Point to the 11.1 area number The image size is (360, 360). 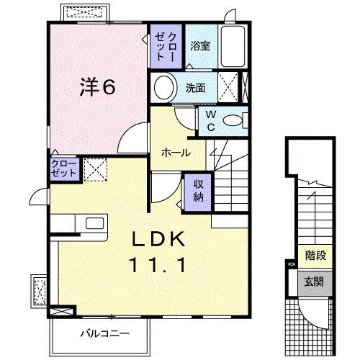click(158, 264)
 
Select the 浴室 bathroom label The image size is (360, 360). click(201, 46)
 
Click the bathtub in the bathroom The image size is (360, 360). click(233, 48)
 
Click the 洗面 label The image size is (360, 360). click(195, 89)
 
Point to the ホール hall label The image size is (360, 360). click(176, 153)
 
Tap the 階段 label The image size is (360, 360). click(311, 254)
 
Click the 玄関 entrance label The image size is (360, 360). click(311, 282)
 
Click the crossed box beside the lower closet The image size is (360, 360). click(94, 169)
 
